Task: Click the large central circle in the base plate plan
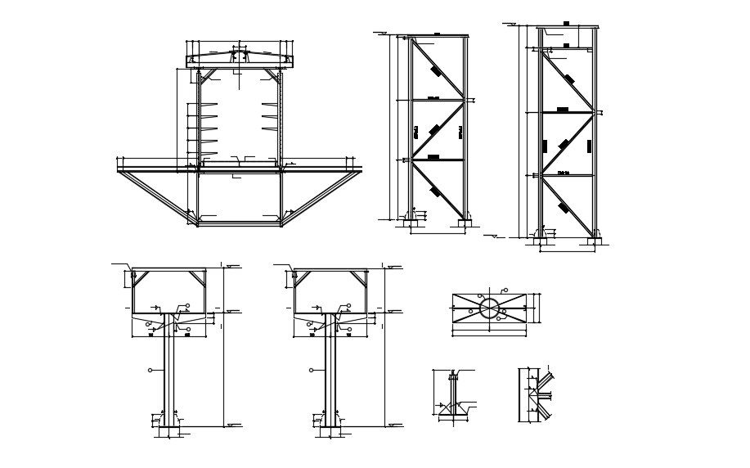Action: (x=489, y=308)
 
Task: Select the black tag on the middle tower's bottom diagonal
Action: (x=434, y=191)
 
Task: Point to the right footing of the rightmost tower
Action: (x=591, y=241)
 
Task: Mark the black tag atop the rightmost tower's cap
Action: (x=566, y=24)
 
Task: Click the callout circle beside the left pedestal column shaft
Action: (x=150, y=370)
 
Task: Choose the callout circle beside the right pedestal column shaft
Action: (x=311, y=370)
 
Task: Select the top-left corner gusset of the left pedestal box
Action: (x=140, y=278)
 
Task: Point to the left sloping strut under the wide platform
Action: (x=156, y=193)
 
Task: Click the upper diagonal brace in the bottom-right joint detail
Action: (x=544, y=379)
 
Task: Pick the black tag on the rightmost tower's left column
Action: (x=544, y=146)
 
